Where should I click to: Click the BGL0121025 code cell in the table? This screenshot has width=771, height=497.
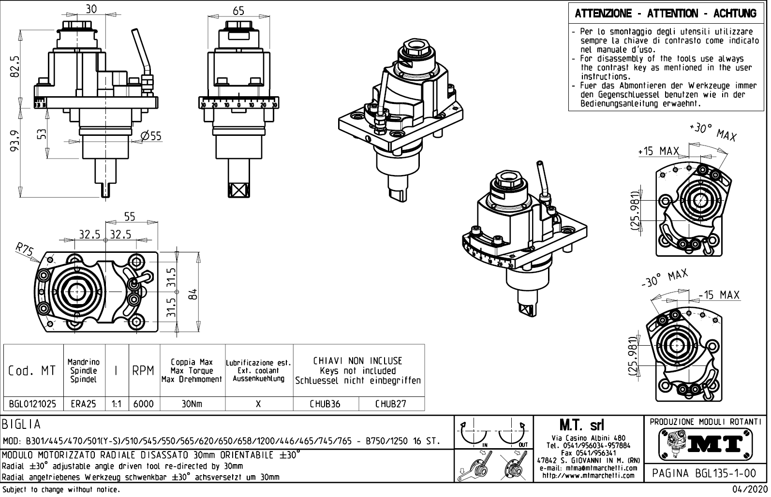coord(32,404)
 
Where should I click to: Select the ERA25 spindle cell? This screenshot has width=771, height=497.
coord(83,404)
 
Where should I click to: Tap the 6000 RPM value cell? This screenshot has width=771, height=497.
coord(143,404)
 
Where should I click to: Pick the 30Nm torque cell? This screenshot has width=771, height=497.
coord(192,404)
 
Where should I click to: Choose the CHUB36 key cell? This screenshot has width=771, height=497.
coord(326,404)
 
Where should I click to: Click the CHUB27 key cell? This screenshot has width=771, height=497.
coord(390,404)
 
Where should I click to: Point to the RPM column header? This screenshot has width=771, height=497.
coord(143,371)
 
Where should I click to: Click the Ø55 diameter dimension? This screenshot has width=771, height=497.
coord(151,136)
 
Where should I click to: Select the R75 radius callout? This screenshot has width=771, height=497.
coord(24,250)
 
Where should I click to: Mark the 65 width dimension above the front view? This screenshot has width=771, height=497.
coord(238,10)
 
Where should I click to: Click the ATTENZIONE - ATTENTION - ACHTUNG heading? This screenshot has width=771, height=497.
coord(666,13)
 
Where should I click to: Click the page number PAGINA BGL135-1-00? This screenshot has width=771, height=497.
coord(704,473)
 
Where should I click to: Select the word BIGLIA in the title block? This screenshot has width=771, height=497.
coord(22,424)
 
